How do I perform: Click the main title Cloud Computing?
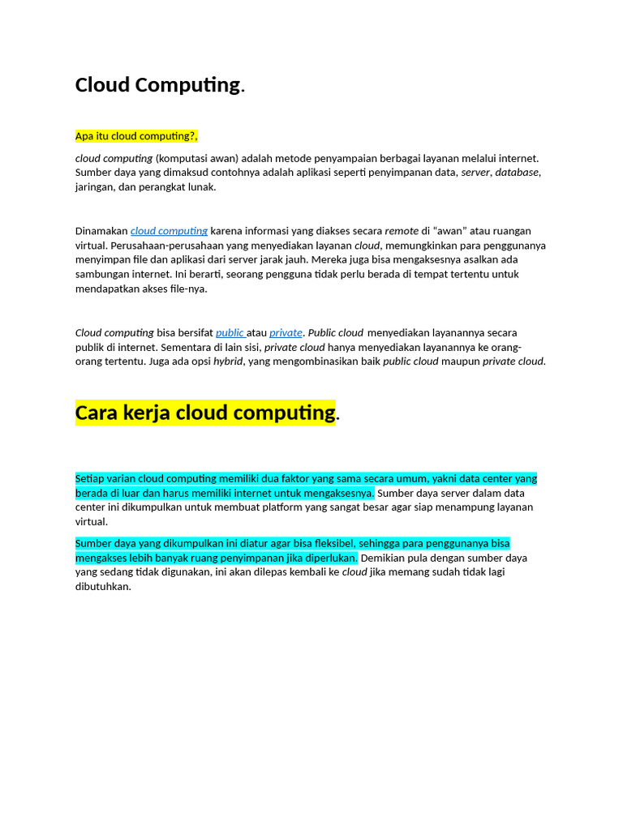point(158,85)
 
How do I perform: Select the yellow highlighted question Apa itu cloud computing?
point(136,135)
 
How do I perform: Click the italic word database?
point(517,172)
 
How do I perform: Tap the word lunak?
point(202,186)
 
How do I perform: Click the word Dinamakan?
point(101,231)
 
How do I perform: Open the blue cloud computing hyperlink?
point(169,231)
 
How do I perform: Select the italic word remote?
point(402,231)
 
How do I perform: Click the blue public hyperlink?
point(230,332)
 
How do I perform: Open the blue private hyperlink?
point(286,332)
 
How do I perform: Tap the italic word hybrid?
point(228,362)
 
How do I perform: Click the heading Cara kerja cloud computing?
point(205,413)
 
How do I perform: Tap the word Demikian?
point(385,558)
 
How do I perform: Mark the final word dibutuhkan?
point(102,587)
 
